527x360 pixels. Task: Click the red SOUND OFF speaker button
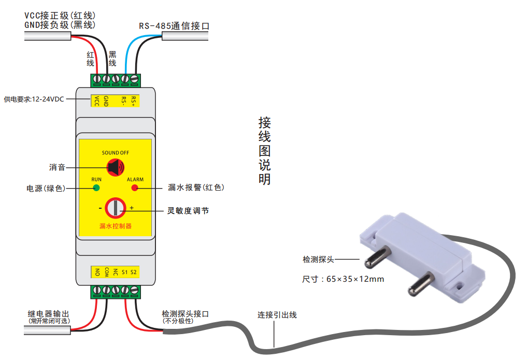(115, 167)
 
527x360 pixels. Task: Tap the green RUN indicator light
(96, 188)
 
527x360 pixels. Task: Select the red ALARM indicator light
(135, 188)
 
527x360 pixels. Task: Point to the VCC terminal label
(96, 100)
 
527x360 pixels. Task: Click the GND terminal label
(106, 100)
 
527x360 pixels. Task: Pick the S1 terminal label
(124, 272)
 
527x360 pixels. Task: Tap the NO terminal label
(96, 272)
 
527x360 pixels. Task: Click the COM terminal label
(106, 272)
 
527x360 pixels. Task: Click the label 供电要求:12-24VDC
(34, 99)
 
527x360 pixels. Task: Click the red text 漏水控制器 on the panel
(115, 226)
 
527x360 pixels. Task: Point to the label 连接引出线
(277, 315)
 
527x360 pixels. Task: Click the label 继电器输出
(48, 314)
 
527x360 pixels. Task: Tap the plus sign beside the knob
(132, 208)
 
